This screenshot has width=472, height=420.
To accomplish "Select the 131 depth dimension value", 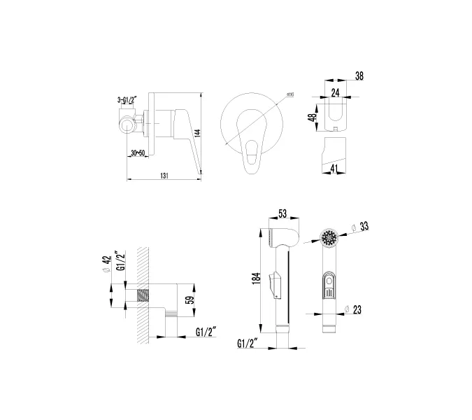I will coord(164,176).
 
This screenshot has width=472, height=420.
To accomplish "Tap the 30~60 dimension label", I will coord(137,153).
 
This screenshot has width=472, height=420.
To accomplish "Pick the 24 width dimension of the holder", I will coord(336,92).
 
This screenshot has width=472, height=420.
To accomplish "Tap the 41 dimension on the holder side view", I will coord(336,168).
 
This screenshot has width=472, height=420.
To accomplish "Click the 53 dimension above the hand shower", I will coord(283,213).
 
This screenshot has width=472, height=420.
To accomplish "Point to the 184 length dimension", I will coord(256,279).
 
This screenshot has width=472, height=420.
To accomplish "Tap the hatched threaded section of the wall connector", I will coord(144,295).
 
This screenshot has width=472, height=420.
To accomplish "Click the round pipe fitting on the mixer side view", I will coord(127,125).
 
